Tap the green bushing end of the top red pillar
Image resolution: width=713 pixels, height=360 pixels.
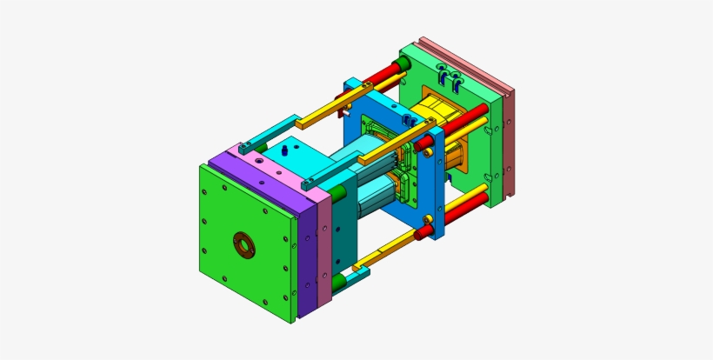(x=404, y=64)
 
